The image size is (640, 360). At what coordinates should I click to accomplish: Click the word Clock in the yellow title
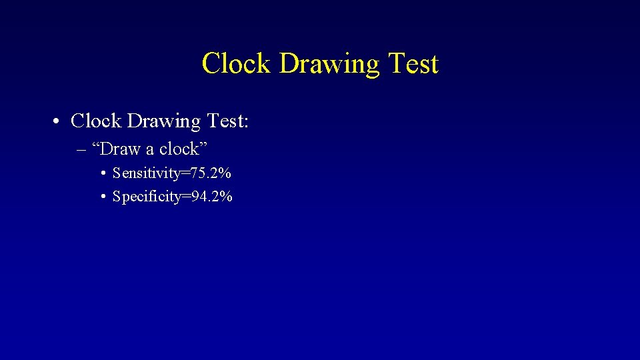[235, 64]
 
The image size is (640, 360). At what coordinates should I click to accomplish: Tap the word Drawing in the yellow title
[327, 64]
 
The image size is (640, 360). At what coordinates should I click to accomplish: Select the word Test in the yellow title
[413, 64]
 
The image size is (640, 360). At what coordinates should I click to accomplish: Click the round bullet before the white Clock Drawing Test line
[59, 121]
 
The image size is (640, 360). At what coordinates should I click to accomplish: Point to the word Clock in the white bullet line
[96, 121]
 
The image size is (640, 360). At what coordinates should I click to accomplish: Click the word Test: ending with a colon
[227, 121]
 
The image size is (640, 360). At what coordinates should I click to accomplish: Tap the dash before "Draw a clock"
[82, 149]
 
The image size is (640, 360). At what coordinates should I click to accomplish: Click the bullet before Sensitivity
[105, 174]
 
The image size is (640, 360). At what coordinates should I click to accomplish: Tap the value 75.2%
[211, 173]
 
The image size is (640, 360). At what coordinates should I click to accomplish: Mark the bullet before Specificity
[105, 197]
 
